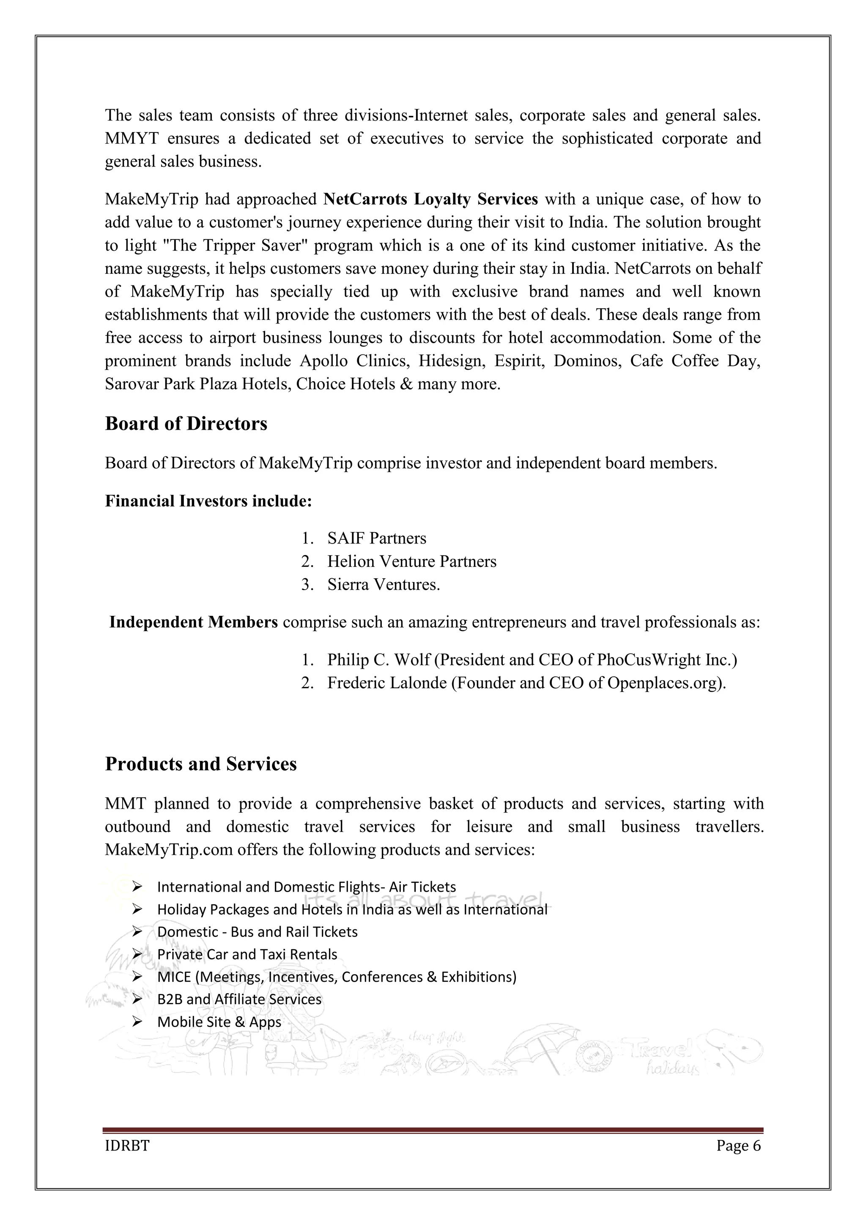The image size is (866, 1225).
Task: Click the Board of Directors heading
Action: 186,423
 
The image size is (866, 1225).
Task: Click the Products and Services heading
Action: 200,764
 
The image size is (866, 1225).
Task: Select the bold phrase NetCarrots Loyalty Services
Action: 431,199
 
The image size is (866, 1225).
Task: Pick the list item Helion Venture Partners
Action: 412,561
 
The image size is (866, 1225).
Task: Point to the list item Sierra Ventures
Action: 384,584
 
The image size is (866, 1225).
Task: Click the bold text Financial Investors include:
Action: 208,501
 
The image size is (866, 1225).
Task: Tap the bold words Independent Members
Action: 194,622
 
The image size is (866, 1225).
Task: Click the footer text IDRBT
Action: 127,1146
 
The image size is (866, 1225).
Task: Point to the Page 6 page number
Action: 739,1146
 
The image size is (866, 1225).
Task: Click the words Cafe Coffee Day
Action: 695,361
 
